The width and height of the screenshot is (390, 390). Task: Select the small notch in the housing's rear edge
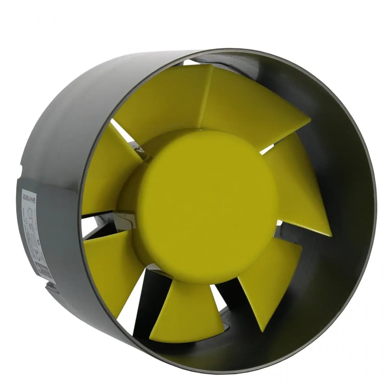[x=21, y=169]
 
